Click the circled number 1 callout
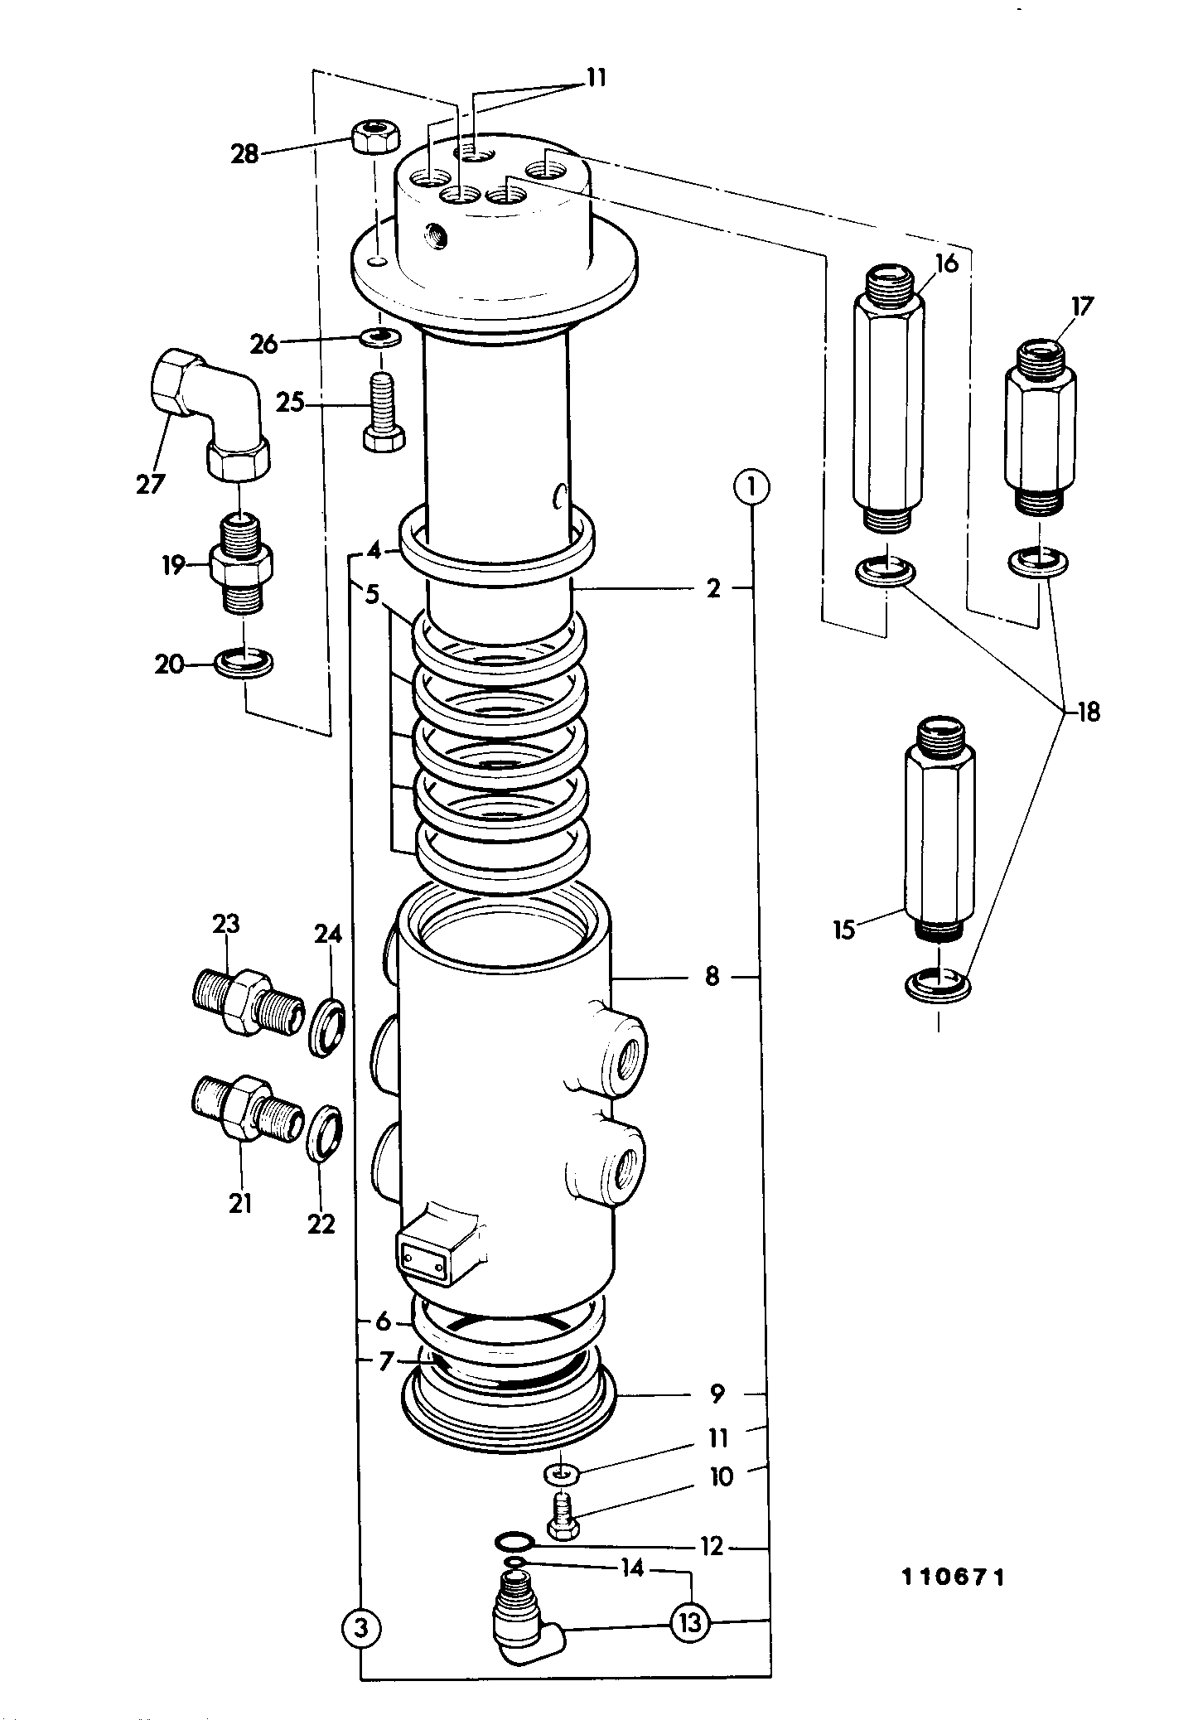[751, 487]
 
